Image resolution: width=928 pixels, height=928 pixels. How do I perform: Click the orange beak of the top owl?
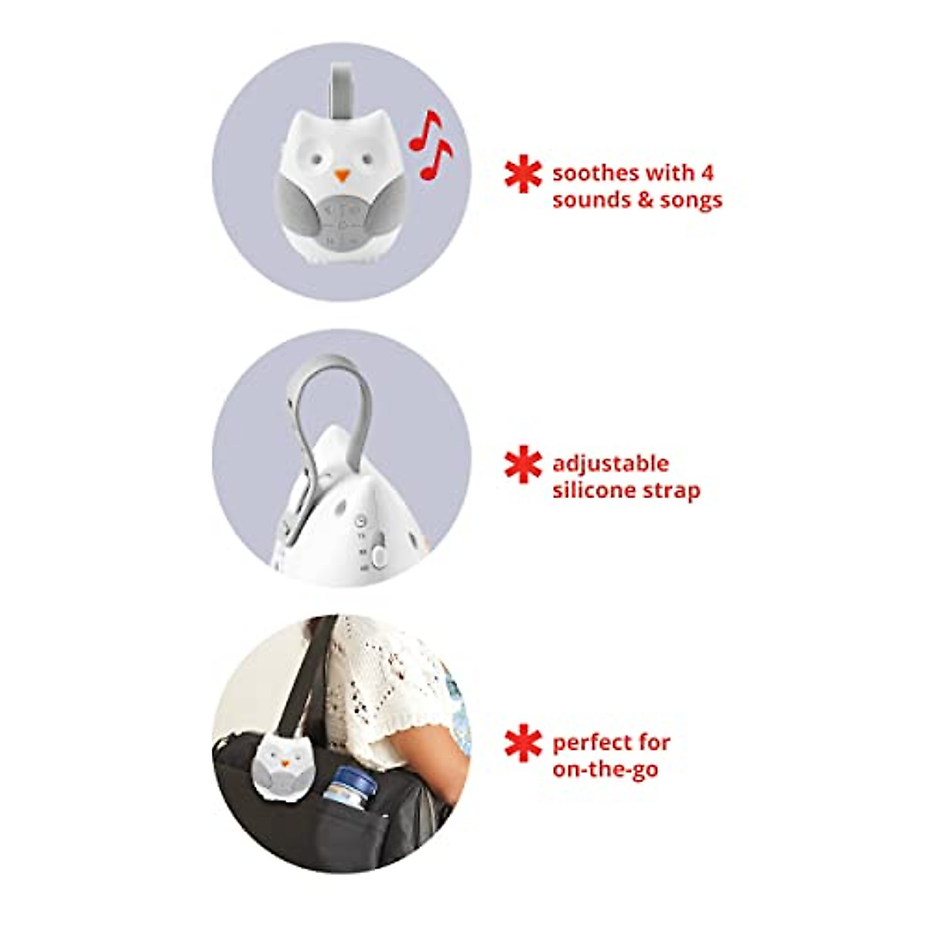click(x=340, y=176)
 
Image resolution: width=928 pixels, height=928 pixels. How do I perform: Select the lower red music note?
click(x=435, y=159)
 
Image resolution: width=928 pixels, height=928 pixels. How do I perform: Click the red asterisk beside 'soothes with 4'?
click(x=523, y=175)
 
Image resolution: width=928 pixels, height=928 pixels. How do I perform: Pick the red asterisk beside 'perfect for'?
click(x=523, y=744)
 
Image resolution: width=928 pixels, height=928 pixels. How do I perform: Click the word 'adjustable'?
click(x=610, y=464)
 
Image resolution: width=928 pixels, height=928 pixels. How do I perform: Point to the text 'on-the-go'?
click(x=606, y=770)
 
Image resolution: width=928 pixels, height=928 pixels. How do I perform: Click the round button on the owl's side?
click(x=378, y=555)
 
